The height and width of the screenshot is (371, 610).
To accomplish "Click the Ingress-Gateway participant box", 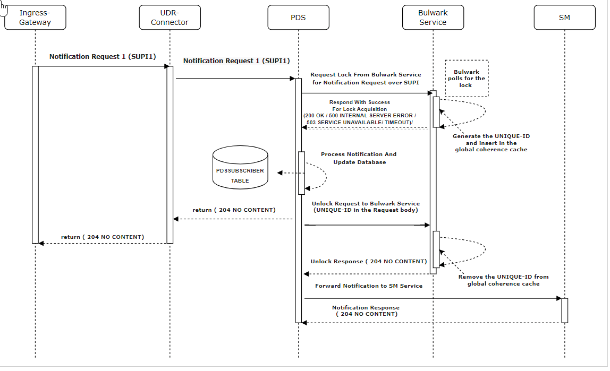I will click(35, 18).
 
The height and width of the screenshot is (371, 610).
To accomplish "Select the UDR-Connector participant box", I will click(170, 18).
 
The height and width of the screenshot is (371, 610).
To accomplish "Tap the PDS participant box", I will click(298, 18).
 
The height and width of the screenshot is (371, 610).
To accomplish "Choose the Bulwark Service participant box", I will click(433, 18).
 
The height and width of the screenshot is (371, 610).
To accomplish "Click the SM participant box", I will click(564, 18).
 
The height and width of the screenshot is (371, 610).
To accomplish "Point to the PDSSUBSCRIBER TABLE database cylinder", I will click(240, 168).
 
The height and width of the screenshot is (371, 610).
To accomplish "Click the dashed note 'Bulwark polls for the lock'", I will click(466, 79).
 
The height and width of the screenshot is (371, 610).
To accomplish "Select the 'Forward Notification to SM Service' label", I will click(369, 286).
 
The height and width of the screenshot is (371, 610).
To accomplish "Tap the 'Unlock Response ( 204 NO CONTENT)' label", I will click(369, 262).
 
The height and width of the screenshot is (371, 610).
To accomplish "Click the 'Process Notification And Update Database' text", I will click(359, 158).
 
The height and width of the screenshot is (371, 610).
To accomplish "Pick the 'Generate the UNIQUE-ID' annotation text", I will click(491, 136).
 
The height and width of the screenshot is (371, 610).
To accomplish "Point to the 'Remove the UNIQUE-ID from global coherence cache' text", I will click(503, 280).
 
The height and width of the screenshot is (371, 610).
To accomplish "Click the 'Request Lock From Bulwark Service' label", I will click(366, 75).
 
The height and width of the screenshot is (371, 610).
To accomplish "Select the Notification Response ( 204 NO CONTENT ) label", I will click(366, 310).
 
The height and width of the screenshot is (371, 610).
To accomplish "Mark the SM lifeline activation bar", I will click(564, 310).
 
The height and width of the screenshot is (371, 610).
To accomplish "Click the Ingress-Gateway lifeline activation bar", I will click(35, 154).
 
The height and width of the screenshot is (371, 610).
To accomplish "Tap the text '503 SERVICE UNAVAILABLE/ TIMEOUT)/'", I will click(359, 122).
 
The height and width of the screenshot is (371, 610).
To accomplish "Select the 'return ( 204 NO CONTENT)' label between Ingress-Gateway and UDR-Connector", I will click(103, 237).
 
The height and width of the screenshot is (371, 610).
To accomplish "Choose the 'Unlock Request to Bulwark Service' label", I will click(366, 204).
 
